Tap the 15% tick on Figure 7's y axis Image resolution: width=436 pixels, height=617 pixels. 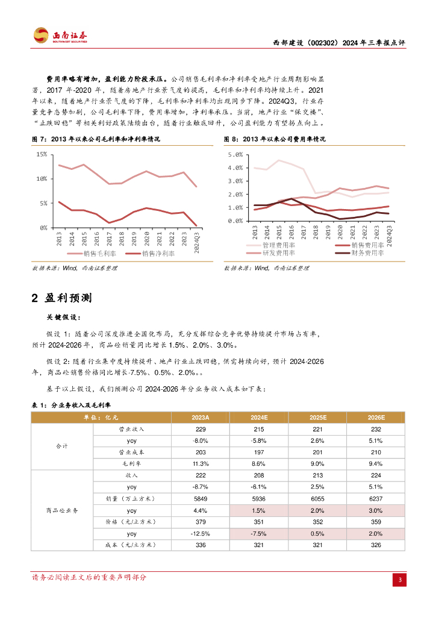coord(42,154)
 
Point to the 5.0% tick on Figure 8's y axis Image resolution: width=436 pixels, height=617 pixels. coord(235,155)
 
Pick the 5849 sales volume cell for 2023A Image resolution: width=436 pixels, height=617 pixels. coord(201,498)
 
